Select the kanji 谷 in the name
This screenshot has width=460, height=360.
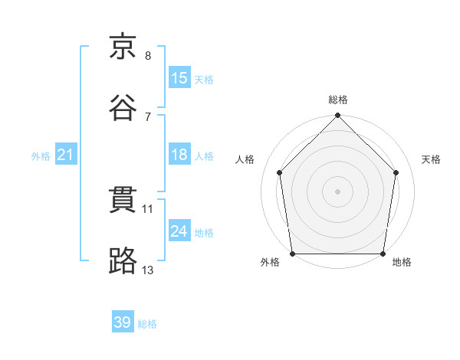[x=123, y=107]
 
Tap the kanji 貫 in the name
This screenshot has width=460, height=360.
[x=123, y=200]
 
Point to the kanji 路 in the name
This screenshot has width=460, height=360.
[x=123, y=260]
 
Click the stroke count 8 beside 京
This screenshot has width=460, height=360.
[x=148, y=56]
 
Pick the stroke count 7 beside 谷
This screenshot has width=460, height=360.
[x=148, y=117]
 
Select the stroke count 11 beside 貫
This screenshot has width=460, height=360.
[x=147, y=209]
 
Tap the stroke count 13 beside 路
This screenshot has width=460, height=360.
[x=147, y=270]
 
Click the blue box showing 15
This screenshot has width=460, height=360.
[x=179, y=77]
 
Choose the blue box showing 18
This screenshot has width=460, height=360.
[x=179, y=154]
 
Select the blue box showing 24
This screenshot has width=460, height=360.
[x=179, y=230]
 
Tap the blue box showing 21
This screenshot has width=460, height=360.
[x=66, y=154]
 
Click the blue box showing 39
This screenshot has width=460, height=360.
[x=123, y=321]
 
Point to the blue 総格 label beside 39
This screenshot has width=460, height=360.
[x=147, y=324]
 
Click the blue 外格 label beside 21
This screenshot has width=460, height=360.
[x=41, y=156]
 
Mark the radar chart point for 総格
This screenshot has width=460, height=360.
[x=337, y=115]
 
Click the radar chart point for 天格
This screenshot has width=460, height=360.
[x=396, y=172]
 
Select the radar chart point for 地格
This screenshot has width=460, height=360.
[x=383, y=254]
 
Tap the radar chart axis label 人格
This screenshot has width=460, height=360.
[x=245, y=159]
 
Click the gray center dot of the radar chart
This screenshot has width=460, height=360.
[x=337, y=191]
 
